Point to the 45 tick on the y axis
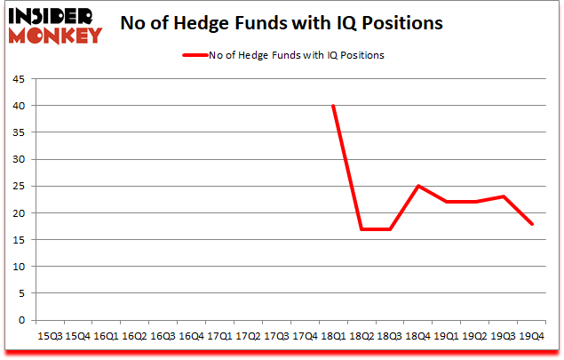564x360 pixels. (x=20, y=79)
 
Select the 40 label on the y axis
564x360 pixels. (x=20, y=106)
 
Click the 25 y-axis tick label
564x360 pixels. (x=20, y=187)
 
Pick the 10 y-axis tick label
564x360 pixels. (x=20, y=267)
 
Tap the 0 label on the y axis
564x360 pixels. (x=22, y=320)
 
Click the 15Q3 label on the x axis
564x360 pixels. (x=49, y=337)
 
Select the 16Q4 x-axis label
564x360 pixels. (x=191, y=337)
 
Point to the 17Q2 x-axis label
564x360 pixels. (x=248, y=337)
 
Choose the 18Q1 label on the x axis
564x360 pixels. (x=333, y=337)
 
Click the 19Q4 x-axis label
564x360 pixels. (x=532, y=337)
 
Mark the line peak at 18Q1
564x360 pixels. (x=333, y=106)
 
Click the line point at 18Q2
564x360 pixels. (x=361, y=229)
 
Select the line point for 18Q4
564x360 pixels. (x=418, y=186)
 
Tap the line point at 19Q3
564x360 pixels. (x=504, y=196)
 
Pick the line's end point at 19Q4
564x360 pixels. (x=532, y=224)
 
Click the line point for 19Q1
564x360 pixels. (x=447, y=202)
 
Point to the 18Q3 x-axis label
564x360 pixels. (x=390, y=337)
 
